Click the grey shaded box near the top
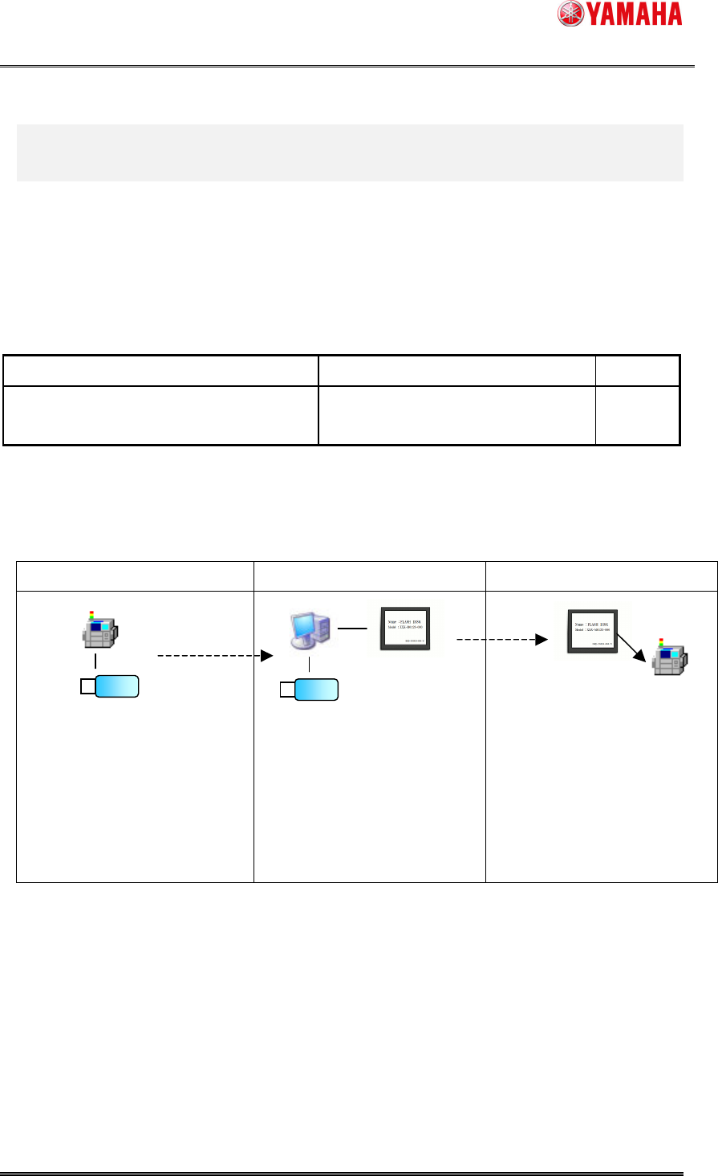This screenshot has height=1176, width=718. click(349, 153)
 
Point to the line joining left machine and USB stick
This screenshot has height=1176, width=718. click(95, 661)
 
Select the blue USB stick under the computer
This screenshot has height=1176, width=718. click(316, 689)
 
